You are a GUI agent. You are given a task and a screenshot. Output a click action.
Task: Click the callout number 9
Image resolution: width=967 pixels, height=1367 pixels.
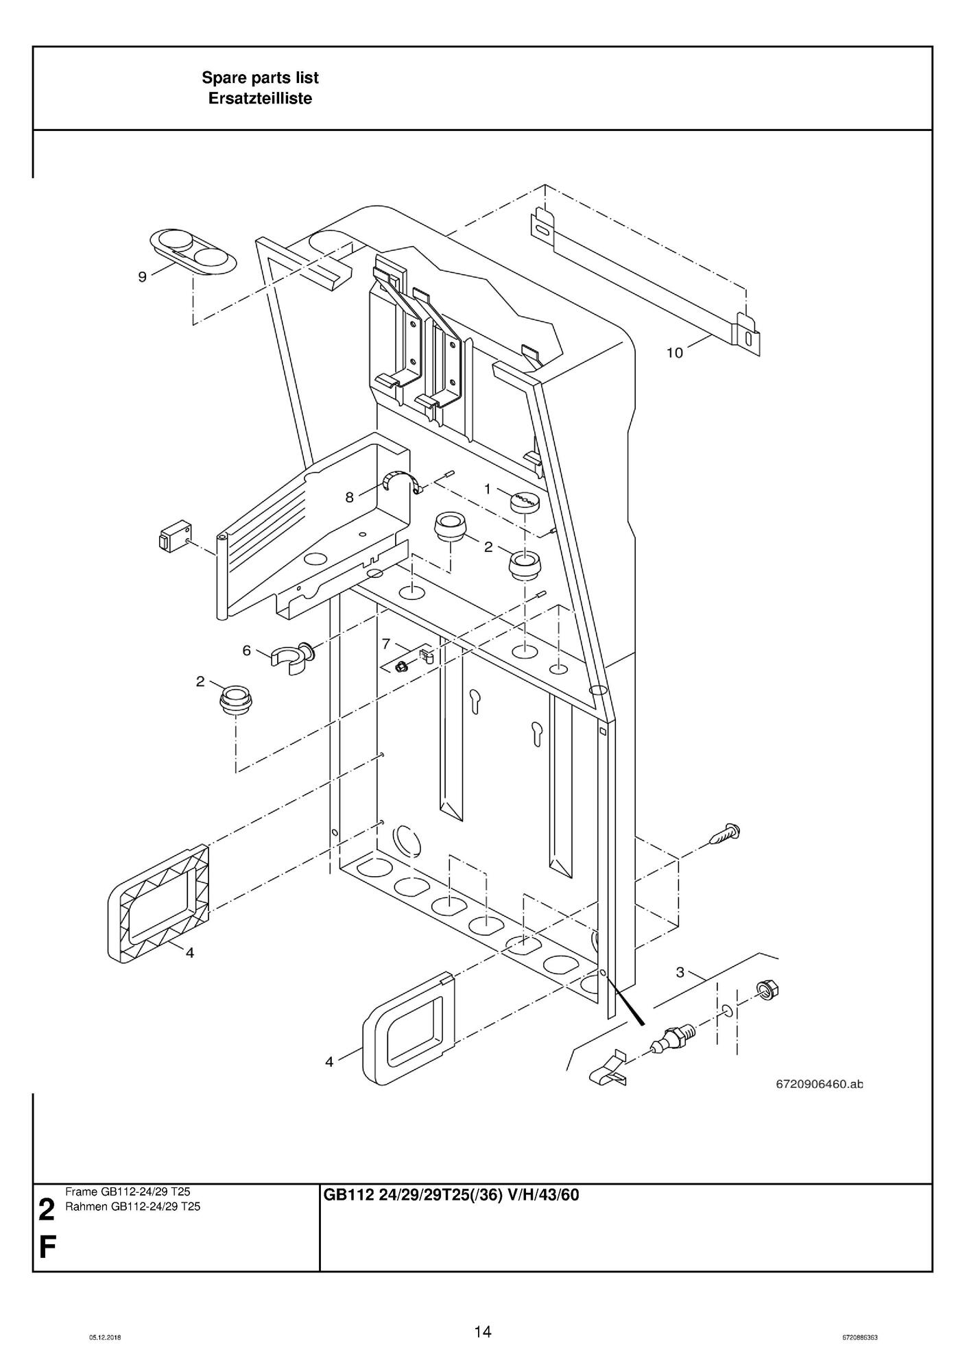[143, 277]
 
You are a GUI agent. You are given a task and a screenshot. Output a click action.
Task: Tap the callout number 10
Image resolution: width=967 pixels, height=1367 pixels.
[675, 352]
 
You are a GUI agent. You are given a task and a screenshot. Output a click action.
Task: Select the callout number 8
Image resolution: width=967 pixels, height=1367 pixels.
[350, 498]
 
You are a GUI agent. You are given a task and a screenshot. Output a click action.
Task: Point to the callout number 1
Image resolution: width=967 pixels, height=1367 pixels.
[488, 489]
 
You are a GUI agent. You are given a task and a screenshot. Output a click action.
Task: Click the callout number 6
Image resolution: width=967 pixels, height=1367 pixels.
[247, 651]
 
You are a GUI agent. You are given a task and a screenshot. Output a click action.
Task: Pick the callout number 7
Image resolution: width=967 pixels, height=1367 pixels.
[386, 644]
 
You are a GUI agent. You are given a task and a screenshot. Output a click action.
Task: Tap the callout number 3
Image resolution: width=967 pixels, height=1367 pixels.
[680, 971]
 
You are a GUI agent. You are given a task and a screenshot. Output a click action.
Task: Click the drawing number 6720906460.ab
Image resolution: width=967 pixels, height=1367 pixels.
[819, 1084]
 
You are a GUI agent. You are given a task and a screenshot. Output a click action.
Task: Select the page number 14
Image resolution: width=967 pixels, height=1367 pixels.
[483, 1331]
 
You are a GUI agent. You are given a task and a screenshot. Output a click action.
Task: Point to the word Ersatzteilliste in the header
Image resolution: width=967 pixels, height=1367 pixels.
[260, 99]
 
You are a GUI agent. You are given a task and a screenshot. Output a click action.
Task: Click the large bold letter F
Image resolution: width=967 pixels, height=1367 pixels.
[47, 1248]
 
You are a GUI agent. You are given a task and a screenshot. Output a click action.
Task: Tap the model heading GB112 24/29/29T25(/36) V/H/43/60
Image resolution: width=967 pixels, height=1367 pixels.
[451, 1195]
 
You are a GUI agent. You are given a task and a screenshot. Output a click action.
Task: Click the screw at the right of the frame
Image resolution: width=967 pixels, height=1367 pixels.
[726, 834]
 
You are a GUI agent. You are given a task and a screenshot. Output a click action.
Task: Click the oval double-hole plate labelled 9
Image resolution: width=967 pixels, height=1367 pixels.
[193, 252]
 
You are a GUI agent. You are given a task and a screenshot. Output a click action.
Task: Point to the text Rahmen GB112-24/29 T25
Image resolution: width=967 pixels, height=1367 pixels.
[132, 1207]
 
